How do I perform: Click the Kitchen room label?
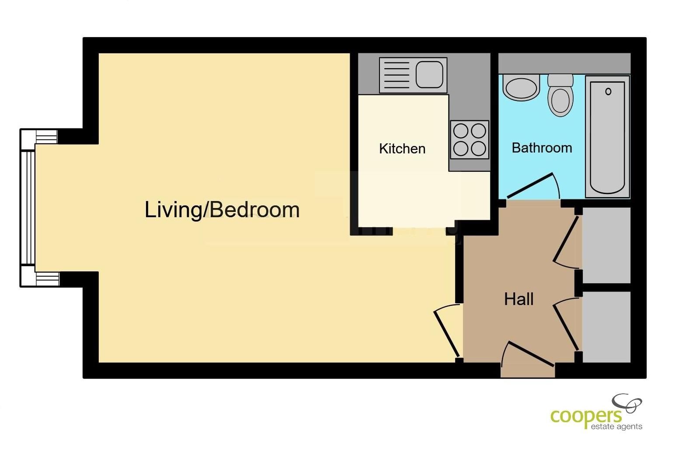402,149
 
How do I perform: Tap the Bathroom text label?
542,148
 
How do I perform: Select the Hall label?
519,299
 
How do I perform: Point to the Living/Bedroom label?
222,210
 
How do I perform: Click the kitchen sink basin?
429,74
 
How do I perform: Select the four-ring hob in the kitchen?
470,140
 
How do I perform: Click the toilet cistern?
560,80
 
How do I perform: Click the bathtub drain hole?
608,92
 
